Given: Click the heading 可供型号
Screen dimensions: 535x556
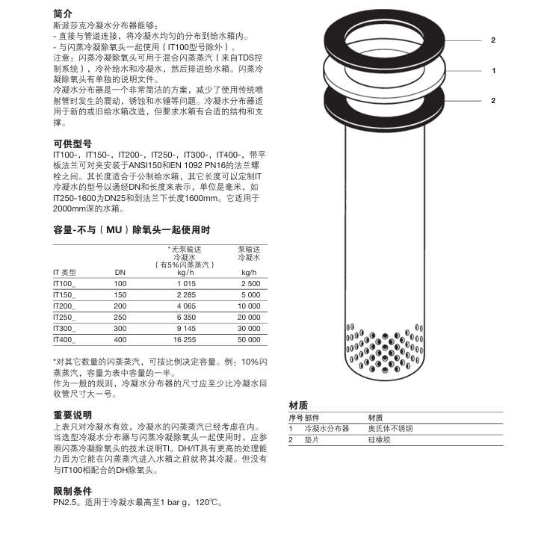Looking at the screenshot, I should [x=72, y=143].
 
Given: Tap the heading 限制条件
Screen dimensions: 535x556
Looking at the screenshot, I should [x=72, y=491].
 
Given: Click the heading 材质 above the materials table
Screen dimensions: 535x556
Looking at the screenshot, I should [x=298, y=405].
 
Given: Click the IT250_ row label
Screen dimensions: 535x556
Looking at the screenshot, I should [x=65, y=317].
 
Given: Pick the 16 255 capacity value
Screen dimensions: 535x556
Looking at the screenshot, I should [x=183, y=338].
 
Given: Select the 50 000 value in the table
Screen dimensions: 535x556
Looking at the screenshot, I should [x=249, y=338].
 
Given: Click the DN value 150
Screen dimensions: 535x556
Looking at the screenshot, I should [x=120, y=295].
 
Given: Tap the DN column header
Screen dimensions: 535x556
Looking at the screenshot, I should [x=120, y=273].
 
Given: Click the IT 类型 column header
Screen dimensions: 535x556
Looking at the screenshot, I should [x=65, y=273].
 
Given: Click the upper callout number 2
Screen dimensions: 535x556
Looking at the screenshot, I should [x=494, y=40].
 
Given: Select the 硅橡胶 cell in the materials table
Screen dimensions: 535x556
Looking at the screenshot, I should [x=380, y=440].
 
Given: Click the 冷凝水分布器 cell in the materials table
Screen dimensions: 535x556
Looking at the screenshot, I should [x=327, y=429].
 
